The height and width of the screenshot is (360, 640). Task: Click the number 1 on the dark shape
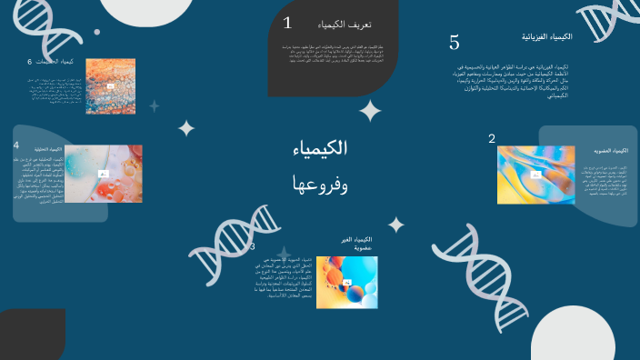[287, 23]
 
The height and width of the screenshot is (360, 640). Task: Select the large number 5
[455, 43]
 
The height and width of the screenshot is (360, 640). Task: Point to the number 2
[492, 139]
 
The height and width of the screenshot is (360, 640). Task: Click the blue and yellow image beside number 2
[536, 175]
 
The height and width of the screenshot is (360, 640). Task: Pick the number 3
[252, 246]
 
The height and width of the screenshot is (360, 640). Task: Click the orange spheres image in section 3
[347, 281]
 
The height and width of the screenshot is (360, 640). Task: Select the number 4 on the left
[16, 145]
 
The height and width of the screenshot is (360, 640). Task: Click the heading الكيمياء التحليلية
[48, 149]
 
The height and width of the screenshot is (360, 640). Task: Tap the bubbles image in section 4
[104, 173]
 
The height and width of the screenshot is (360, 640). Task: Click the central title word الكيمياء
[322, 148]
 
